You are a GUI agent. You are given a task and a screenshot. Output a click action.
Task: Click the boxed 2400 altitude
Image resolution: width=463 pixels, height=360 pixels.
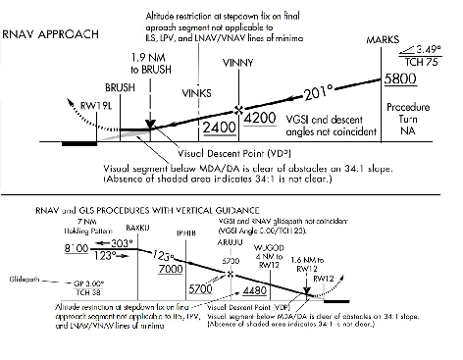(220, 127)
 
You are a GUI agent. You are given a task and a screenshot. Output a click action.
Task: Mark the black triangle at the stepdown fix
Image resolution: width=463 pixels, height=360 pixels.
(149, 124)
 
